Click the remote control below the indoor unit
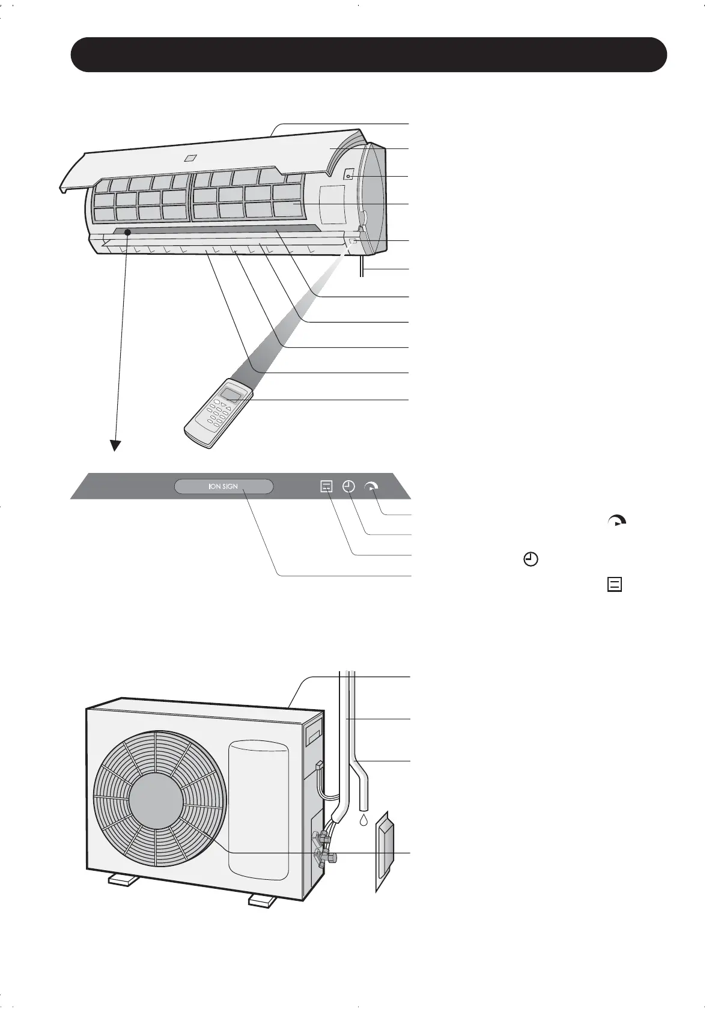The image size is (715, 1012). [219, 413]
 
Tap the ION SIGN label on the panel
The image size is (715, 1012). [224, 486]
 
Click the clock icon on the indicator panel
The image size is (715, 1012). [348, 486]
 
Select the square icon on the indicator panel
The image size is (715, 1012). [326, 486]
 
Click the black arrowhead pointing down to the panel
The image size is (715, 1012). [115, 445]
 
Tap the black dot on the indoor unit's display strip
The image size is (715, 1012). [127, 232]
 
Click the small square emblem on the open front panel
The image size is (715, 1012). [190, 159]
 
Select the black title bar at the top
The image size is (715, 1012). [368, 55]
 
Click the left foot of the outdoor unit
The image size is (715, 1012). [124, 881]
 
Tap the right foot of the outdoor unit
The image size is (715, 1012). [263, 900]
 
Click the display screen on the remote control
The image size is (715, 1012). [234, 394]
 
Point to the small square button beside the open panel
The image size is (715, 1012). [348, 176]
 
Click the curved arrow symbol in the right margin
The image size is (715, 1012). [616, 521]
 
